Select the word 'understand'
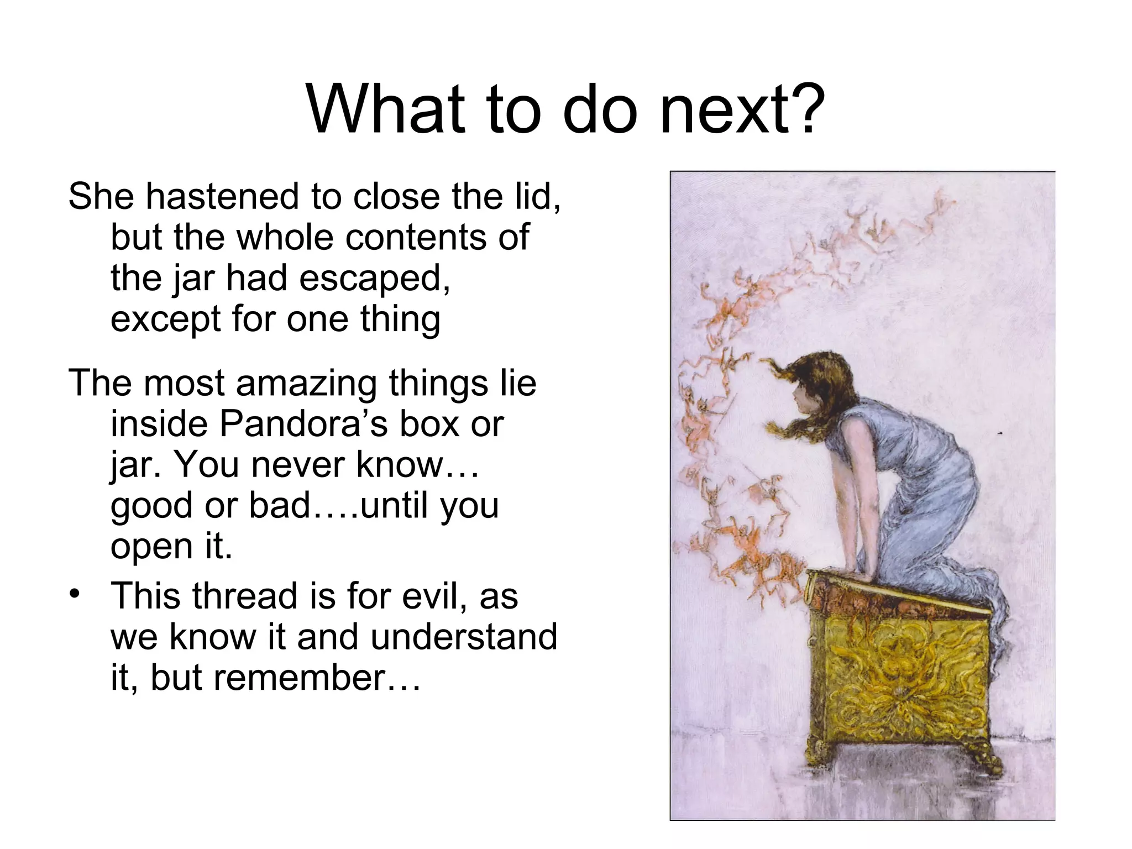click(463, 637)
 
